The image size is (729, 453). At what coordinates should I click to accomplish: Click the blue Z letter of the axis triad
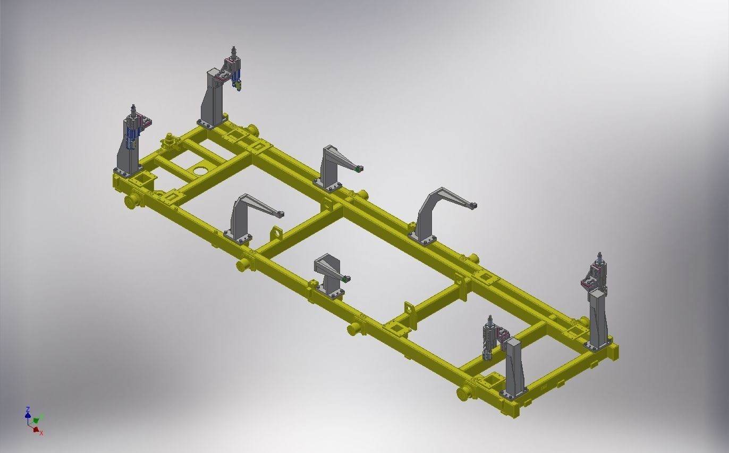pyautogui.click(x=27, y=409)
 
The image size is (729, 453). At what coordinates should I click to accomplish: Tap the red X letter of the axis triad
pyautogui.click(x=41, y=433)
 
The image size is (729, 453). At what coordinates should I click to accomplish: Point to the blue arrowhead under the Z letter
pyautogui.click(x=28, y=415)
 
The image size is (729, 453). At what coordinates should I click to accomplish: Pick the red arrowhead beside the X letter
pyautogui.click(x=36, y=429)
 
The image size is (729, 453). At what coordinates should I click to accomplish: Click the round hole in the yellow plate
pyautogui.click(x=200, y=171)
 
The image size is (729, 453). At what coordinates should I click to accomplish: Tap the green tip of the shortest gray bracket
pyautogui.click(x=346, y=278)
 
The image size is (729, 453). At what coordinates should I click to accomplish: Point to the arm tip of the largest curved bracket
pyautogui.click(x=473, y=205)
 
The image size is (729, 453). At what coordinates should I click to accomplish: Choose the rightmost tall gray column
pyautogui.click(x=598, y=319)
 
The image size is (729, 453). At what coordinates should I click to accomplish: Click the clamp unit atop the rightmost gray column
pyautogui.click(x=594, y=272)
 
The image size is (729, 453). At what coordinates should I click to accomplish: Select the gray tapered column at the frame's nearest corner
pyautogui.click(x=514, y=367)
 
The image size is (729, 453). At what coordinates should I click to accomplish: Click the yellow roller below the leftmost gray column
pyautogui.click(x=133, y=201)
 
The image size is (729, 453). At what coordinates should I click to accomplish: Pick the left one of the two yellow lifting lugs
pyautogui.click(x=276, y=233)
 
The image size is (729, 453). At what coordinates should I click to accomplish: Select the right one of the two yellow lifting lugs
pyautogui.click(x=409, y=309)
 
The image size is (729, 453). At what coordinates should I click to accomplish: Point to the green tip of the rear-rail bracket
pyautogui.click(x=359, y=169)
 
